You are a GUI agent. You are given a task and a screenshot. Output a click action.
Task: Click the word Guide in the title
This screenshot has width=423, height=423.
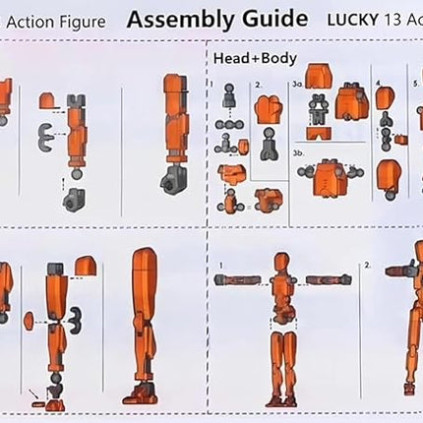point(272,21)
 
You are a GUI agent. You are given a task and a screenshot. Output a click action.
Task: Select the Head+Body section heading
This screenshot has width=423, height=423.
point(255,59)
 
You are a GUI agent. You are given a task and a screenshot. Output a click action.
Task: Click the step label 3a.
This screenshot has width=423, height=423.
point(296,86)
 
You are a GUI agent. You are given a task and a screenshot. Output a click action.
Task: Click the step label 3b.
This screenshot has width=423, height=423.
point(297,153)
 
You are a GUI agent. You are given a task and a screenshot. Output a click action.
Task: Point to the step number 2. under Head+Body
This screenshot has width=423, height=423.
point(258,86)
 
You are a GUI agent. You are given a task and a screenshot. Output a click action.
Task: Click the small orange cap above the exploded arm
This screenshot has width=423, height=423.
point(47,100)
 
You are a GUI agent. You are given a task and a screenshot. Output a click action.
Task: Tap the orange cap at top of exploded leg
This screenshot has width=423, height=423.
point(86,265)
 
